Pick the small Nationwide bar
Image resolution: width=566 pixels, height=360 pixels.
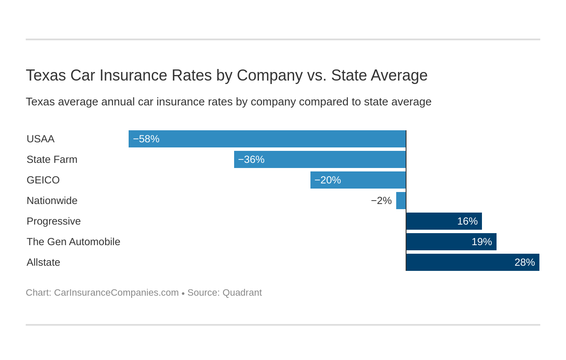click(x=401, y=201)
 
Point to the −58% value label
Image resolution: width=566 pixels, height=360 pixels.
click(x=146, y=139)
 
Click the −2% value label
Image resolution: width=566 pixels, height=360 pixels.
click(x=381, y=201)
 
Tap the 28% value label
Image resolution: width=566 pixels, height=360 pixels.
click(x=524, y=262)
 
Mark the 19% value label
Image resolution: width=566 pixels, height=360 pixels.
click(x=482, y=242)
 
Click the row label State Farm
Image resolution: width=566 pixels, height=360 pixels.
click(x=52, y=159)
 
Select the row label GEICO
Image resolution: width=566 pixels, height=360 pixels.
click(x=43, y=180)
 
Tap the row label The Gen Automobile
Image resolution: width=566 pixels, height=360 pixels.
click(x=73, y=242)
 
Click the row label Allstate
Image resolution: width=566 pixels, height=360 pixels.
click(x=43, y=262)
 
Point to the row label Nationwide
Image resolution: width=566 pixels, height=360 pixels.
click(x=52, y=201)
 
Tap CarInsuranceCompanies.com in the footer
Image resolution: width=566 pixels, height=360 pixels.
click(x=116, y=293)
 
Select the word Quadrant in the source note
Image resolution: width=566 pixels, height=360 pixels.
click(x=242, y=293)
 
